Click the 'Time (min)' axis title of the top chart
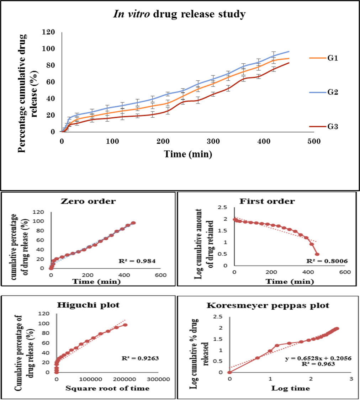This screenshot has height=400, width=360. pyautogui.click(x=188, y=154)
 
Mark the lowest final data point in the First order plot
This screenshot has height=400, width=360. pyautogui.click(x=317, y=254)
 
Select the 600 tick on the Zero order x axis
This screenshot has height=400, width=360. pyautogui.click(x=160, y=275)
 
